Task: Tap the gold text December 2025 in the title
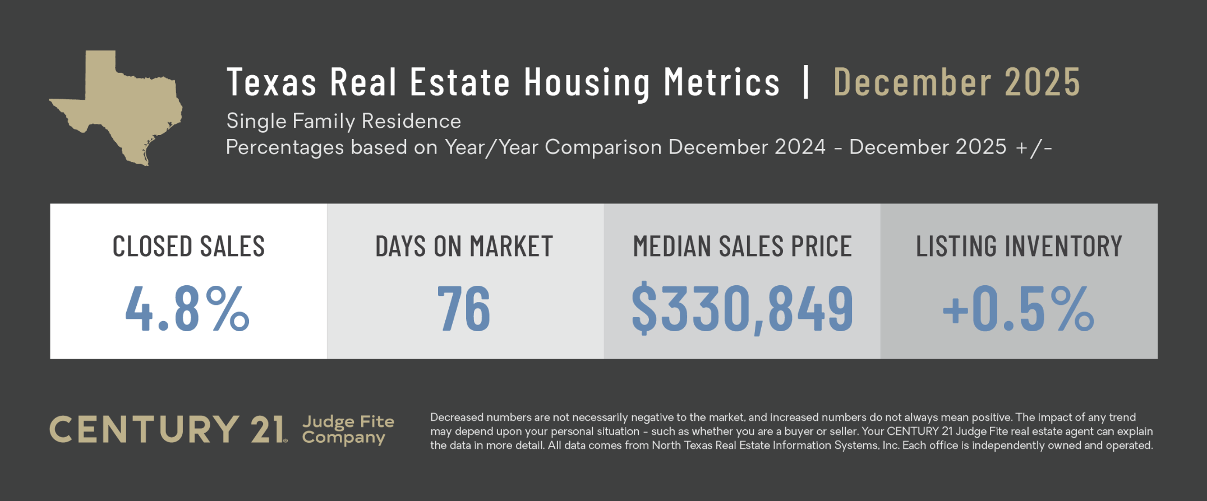(x=956, y=82)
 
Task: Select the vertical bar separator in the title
(x=807, y=82)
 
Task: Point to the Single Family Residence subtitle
(x=343, y=121)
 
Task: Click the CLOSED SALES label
(x=188, y=247)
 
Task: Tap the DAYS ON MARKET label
(x=464, y=247)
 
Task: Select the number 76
(x=464, y=308)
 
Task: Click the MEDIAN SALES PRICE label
(x=742, y=247)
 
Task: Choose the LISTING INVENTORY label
(x=1019, y=247)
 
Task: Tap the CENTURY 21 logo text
(x=168, y=430)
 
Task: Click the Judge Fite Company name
(x=348, y=429)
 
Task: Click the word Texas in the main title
(x=271, y=82)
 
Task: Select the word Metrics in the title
(x=722, y=82)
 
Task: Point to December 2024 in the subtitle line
(x=747, y=147)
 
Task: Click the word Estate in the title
(x=460, y=82)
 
